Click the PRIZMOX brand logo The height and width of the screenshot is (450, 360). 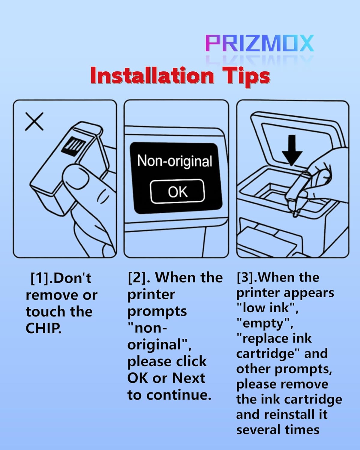pos(259,43)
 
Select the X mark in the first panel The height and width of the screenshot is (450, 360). pos(34,121)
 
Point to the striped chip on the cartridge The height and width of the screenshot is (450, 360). pos(73,146)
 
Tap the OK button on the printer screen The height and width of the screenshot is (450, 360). pos(177,191)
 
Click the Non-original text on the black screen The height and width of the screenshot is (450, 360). pos(175,161)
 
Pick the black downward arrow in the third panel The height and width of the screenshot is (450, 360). pos(292,150)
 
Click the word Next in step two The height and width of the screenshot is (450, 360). pos(188,378)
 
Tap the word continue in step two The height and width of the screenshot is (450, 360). pos(179,395)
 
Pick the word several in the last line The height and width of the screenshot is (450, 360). pos(259,430)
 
